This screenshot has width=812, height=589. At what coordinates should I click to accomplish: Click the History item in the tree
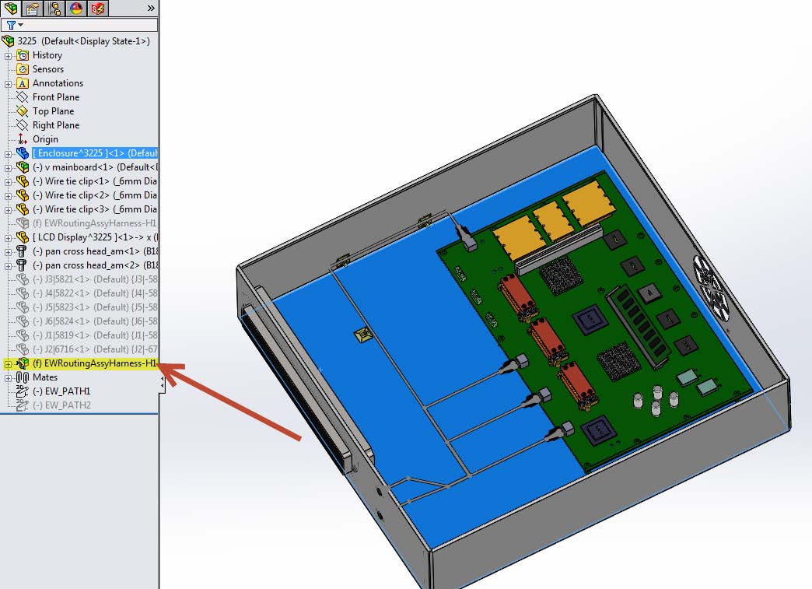47,55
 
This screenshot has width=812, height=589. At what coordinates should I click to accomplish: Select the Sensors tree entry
47,69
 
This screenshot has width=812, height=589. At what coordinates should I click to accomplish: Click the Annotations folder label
58,83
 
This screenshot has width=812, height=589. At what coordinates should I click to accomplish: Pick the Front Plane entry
55,97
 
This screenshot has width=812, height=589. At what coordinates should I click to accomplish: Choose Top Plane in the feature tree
51,111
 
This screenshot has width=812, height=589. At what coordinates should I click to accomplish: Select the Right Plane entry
55,125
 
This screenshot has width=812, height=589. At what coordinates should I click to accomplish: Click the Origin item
45,139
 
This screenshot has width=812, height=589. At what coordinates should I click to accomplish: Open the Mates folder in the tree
44,377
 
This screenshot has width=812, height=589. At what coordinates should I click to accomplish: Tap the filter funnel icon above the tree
12,25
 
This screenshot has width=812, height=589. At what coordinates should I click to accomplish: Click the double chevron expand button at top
151,9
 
